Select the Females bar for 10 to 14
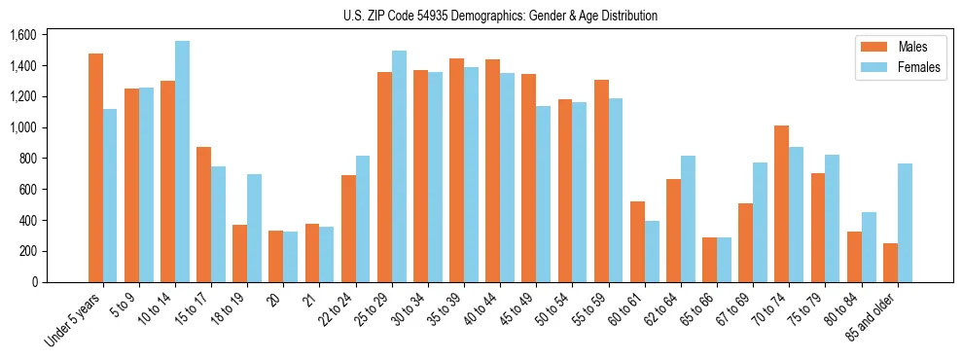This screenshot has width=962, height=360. pyautogui.click(x=182, y=162)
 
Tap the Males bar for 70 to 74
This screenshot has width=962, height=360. pyautogui.click(x=782, y=203)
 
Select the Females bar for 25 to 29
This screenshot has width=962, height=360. pyautogui.click(x=399, y=166)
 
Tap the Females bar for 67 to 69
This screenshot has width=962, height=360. pyautogui.click(x=760, y=222)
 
